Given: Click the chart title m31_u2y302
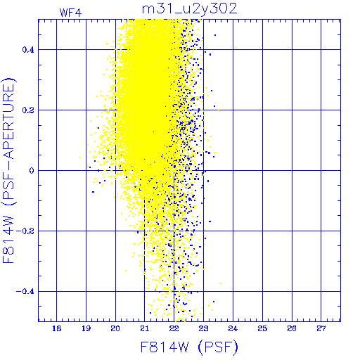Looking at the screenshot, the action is coord(190,8).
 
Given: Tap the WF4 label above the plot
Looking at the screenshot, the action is coord(70,13).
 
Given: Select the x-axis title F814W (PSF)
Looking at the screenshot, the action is coord(189,347).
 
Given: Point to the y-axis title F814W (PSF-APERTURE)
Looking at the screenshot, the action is coord(8,170).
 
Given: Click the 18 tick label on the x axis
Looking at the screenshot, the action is coord(56,328).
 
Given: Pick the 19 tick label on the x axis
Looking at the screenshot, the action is coord(86,328).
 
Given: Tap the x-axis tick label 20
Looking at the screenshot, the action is coord(115,328).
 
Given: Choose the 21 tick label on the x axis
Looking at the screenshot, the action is coord(145,328).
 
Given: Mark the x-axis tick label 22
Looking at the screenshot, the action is coord(174,328).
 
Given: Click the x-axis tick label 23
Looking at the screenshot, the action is coord(203,328).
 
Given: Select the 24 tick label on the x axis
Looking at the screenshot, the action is coord(233,328).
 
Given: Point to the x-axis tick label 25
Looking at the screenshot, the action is coord(262,328).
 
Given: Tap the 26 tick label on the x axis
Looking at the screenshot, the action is coord(292,328).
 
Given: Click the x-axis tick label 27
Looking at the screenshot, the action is coord(321,328).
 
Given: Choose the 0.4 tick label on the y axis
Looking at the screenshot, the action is coord(28,50).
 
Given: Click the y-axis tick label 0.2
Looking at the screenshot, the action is coord(28,110).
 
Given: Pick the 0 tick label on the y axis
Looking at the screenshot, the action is coord(32,170).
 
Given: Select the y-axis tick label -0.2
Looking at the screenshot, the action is coord(25,231).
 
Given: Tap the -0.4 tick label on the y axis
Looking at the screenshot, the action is coord(25,291).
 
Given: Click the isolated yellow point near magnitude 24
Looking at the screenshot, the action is coord(236,48).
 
